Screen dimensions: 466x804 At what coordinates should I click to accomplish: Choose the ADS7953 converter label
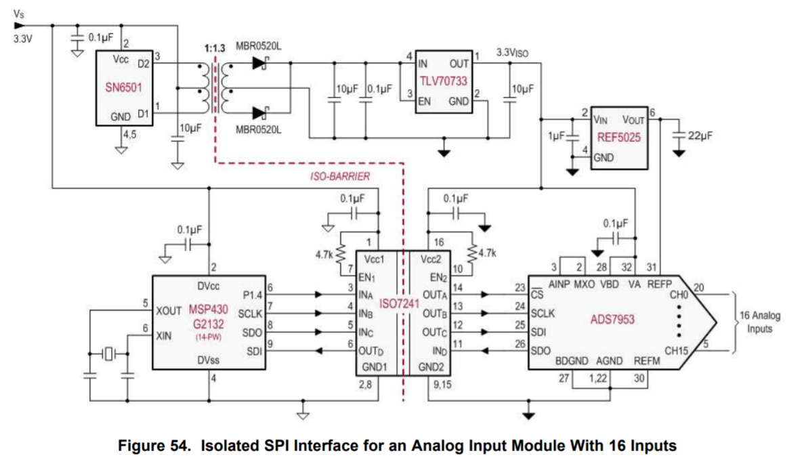pyautogui.click(x=612, y=318)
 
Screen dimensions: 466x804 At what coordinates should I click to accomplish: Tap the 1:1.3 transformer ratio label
pyautogui.click(x=214, y=49)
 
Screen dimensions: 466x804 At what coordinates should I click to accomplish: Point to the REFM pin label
pyautogui.click(x=646, y=362)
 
